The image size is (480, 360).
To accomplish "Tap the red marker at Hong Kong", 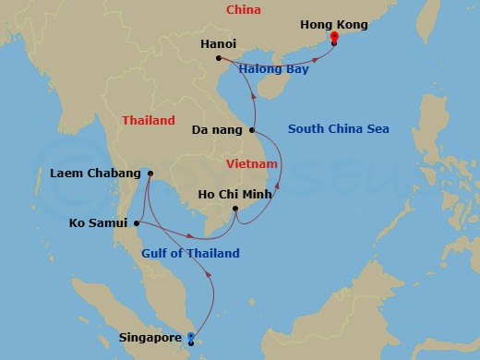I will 333,37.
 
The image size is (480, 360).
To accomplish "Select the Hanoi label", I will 219,42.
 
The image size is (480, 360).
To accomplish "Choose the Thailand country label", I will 149,120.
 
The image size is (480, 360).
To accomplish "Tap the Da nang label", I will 217,131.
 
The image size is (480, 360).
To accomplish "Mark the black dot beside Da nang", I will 252,131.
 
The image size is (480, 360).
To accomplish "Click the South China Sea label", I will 338,128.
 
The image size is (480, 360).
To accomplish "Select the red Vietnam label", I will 252,162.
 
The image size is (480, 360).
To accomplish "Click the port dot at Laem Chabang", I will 150,173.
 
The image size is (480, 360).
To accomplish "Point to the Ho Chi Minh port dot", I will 236,210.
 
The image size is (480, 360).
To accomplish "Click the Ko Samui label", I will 100,222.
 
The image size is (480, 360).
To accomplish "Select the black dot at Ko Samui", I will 137,222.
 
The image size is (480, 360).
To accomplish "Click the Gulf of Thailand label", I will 191,253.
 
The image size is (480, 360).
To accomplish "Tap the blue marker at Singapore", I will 191,337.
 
